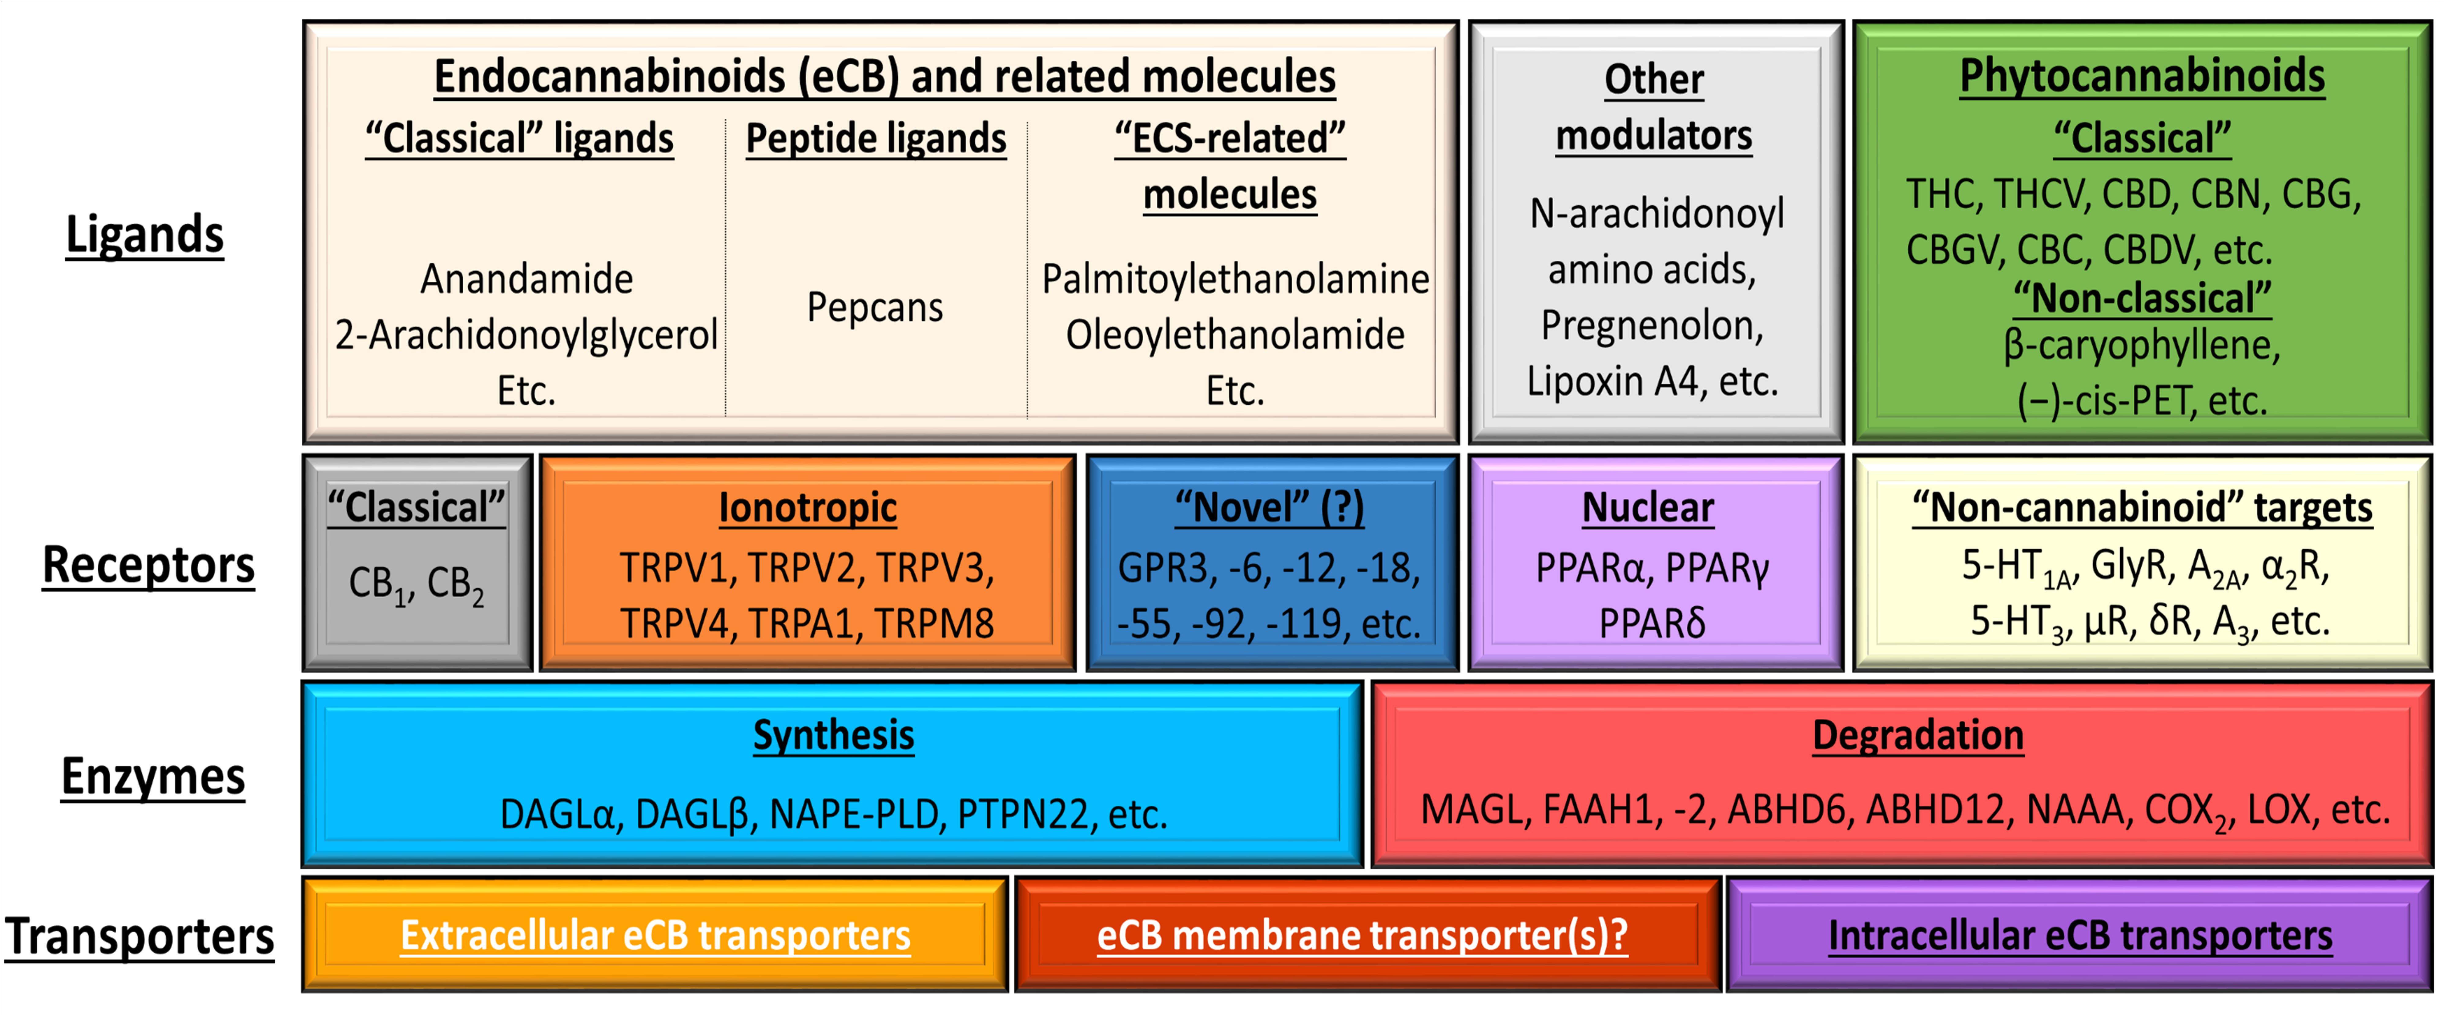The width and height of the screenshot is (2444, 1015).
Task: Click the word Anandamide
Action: coord(527,279)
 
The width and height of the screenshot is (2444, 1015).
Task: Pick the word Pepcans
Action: coord(875,307)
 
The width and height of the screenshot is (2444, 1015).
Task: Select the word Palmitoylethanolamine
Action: coord(1235,279)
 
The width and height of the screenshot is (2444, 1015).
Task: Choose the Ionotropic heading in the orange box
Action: coord(807,508)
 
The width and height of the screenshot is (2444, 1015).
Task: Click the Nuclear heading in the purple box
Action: coord(1648,508)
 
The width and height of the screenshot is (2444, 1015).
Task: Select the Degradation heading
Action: coord(1917,735)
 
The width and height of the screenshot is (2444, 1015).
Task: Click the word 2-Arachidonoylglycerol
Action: coord(527,335)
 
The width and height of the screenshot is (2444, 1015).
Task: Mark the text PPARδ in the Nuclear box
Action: coord(1652,623)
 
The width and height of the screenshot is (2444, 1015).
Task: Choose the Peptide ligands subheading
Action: coord(876,138)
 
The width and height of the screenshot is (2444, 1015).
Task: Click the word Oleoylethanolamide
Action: coord(1235,335)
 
